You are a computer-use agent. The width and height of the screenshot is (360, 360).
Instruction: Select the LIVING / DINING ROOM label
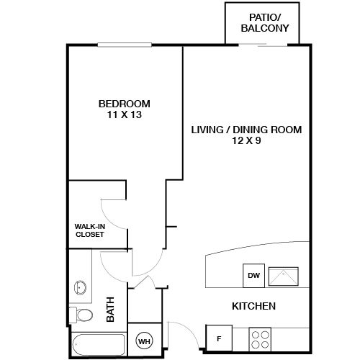coord(246,130)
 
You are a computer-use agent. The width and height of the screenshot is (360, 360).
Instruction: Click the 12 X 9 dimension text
coord(246,141)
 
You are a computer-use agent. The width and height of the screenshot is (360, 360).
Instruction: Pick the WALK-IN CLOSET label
coord(89,230)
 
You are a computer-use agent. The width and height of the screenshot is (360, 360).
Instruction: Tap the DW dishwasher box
coord(253,274)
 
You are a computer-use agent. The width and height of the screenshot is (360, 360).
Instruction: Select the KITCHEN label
coord(253,307)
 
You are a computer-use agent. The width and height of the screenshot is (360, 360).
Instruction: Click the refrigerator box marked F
coord(218,336)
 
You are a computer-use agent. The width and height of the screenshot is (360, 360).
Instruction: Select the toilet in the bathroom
coord(81,315)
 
